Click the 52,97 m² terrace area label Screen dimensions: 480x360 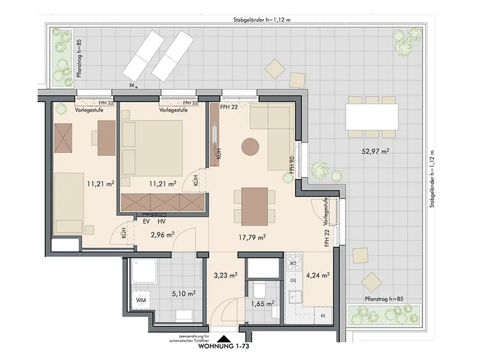click(x=376, y=151)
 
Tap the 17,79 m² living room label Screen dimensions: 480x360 click(x=251, y=237)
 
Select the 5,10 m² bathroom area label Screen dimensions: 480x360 click(x=184, y=294)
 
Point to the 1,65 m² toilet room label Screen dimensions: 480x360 click(x=262, y=304)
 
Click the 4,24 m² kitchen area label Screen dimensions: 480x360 click(x=318, y=275)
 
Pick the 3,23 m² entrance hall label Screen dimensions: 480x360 click(x=226, y=275)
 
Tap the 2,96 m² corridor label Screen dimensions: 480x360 click(x=162, y=235)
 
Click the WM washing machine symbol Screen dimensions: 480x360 click(x=141, y=300)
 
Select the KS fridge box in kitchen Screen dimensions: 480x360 click(x=323, y=316)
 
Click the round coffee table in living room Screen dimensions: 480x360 click(x=250, y=147)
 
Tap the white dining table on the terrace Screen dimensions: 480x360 click(x=372, y=117)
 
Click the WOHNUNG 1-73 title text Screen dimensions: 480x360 click(x=224, y=347)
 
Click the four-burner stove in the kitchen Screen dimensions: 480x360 click(x=294, y=263)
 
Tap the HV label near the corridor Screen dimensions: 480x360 click(x=161, y=221)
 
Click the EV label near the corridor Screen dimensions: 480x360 click(x=146, y=221)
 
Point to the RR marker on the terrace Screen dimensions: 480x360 click(x=132, y=86)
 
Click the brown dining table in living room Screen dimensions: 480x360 click(x=254, y=206)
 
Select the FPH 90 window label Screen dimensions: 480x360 click(x=292, y=165)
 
